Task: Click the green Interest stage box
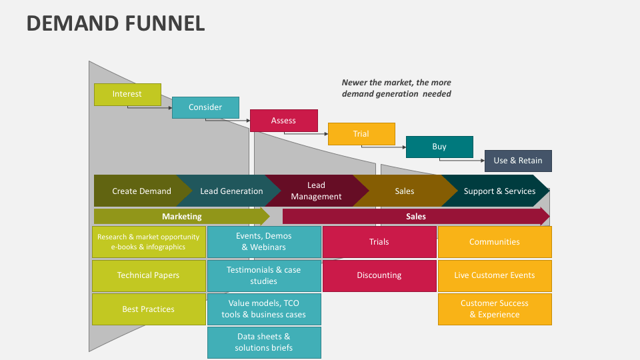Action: coord(127,94)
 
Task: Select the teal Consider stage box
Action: coord(205,107)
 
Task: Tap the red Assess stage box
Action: coord(283,121)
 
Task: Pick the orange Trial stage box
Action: coord(361,134)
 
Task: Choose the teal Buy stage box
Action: coord(439,147)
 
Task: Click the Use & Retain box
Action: coord(518,161)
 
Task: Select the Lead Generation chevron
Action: coord(230,191)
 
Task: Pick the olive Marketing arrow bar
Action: coord(181,216)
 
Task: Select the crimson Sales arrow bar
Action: coord(416,216)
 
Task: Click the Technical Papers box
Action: coord(149,275)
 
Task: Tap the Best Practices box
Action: coord(149,309)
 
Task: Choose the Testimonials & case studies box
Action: coord(264,275)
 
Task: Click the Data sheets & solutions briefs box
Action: coord(264,342)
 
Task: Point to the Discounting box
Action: coord(379,275)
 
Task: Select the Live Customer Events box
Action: coord(495,275)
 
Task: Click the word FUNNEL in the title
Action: coord(163,23)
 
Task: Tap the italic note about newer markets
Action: coord(397,88)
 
